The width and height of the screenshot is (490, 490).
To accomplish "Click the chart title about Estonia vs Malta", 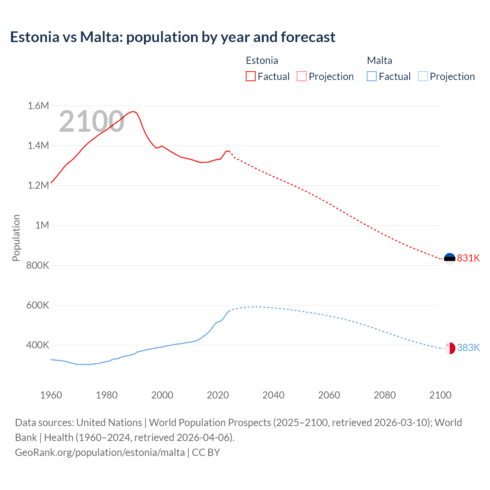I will coord(173,37).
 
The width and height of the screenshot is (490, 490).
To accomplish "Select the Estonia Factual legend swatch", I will coord(251,76).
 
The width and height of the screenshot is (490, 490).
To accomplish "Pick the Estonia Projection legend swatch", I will coord(302,76).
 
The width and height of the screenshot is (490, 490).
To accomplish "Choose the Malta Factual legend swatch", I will coord(372,76).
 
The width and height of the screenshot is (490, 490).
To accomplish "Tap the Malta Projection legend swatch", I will coord(423,76).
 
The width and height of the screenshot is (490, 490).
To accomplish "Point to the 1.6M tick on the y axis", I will coord(38,106).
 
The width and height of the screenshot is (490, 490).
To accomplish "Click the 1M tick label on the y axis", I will coord(42,225).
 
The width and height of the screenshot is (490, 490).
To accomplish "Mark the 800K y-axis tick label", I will coord(38,265).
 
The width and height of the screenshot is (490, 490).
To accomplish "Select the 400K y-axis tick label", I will coord(38,345).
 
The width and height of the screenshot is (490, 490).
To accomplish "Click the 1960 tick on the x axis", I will coord(51,395).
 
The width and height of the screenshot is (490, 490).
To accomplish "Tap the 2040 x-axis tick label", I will coord(273,395).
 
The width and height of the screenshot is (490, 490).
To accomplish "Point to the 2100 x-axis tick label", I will coord(440,395).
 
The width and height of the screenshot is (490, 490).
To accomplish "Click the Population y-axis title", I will coord(16,238).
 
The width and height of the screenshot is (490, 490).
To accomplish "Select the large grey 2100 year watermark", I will coord(91,121).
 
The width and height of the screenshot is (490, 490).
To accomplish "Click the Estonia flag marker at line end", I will coord(449,258).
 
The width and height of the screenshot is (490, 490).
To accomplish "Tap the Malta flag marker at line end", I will coord(449,348).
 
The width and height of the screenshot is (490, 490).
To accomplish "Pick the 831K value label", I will coord(468,258).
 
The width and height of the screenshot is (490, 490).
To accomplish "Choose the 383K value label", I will coord(468,348).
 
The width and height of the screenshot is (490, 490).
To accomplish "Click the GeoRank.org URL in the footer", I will coord(100,452).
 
